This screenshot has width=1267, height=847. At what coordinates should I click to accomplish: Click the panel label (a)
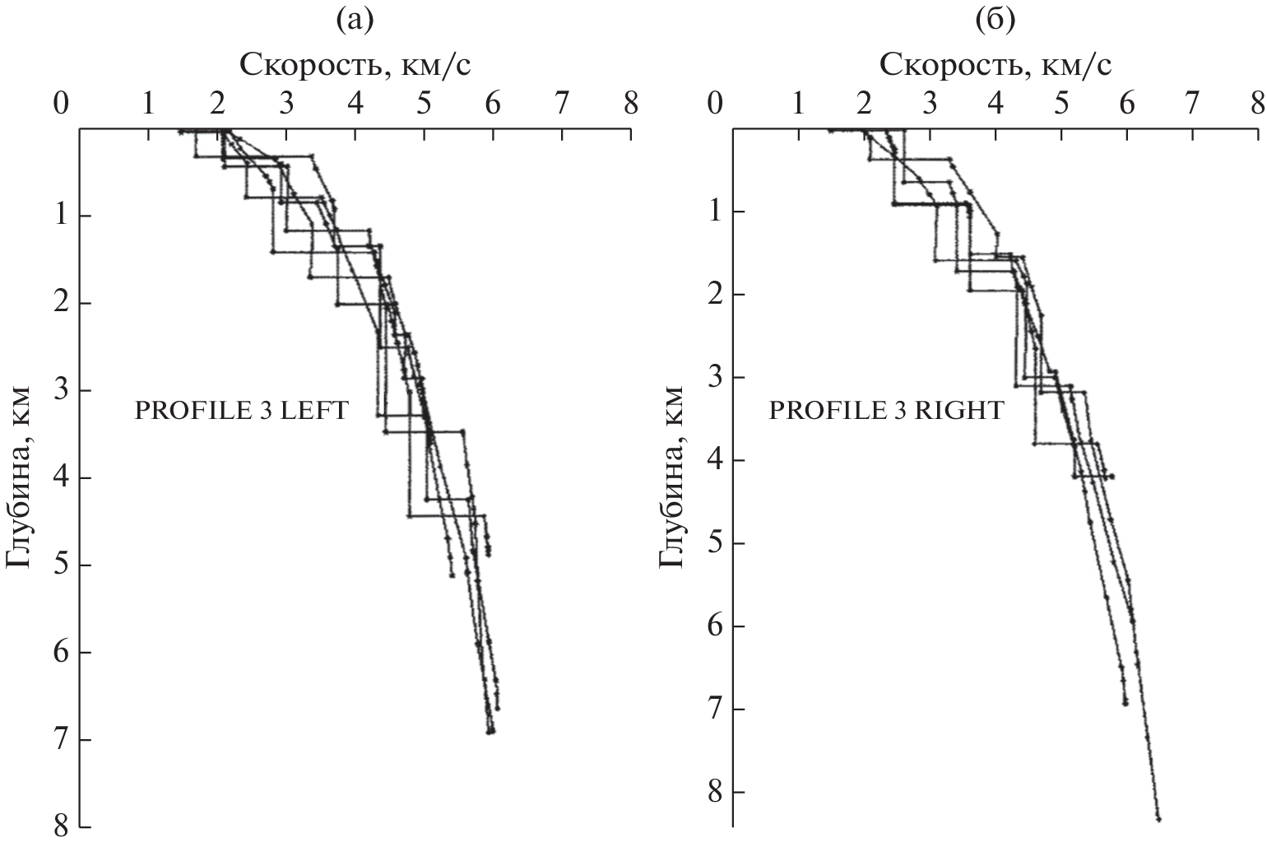tap(355, 21)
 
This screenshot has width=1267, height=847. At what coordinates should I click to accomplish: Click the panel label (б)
tap(995, 21)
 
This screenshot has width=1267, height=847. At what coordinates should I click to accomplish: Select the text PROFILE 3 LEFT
tap(242, 410)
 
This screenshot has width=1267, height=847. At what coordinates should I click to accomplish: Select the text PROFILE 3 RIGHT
tap(886, 410)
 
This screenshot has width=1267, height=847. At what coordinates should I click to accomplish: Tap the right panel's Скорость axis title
tap(995, 63)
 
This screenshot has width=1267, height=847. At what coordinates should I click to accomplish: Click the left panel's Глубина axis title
tap(20, 476)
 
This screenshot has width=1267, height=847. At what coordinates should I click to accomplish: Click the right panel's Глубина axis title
tap(671, 476)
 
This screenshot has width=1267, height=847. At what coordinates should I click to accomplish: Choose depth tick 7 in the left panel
tap(61, 739)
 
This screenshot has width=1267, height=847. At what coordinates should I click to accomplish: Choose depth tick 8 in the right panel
tap(712, 792)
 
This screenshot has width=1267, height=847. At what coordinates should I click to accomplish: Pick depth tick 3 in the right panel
tap(712, 377)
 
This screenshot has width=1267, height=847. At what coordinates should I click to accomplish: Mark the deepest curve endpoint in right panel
tap(1158, 819)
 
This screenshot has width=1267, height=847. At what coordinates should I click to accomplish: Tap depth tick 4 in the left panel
tap(61, 477)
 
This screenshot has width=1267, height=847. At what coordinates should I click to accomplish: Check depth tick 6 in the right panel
tap(712, 626)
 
